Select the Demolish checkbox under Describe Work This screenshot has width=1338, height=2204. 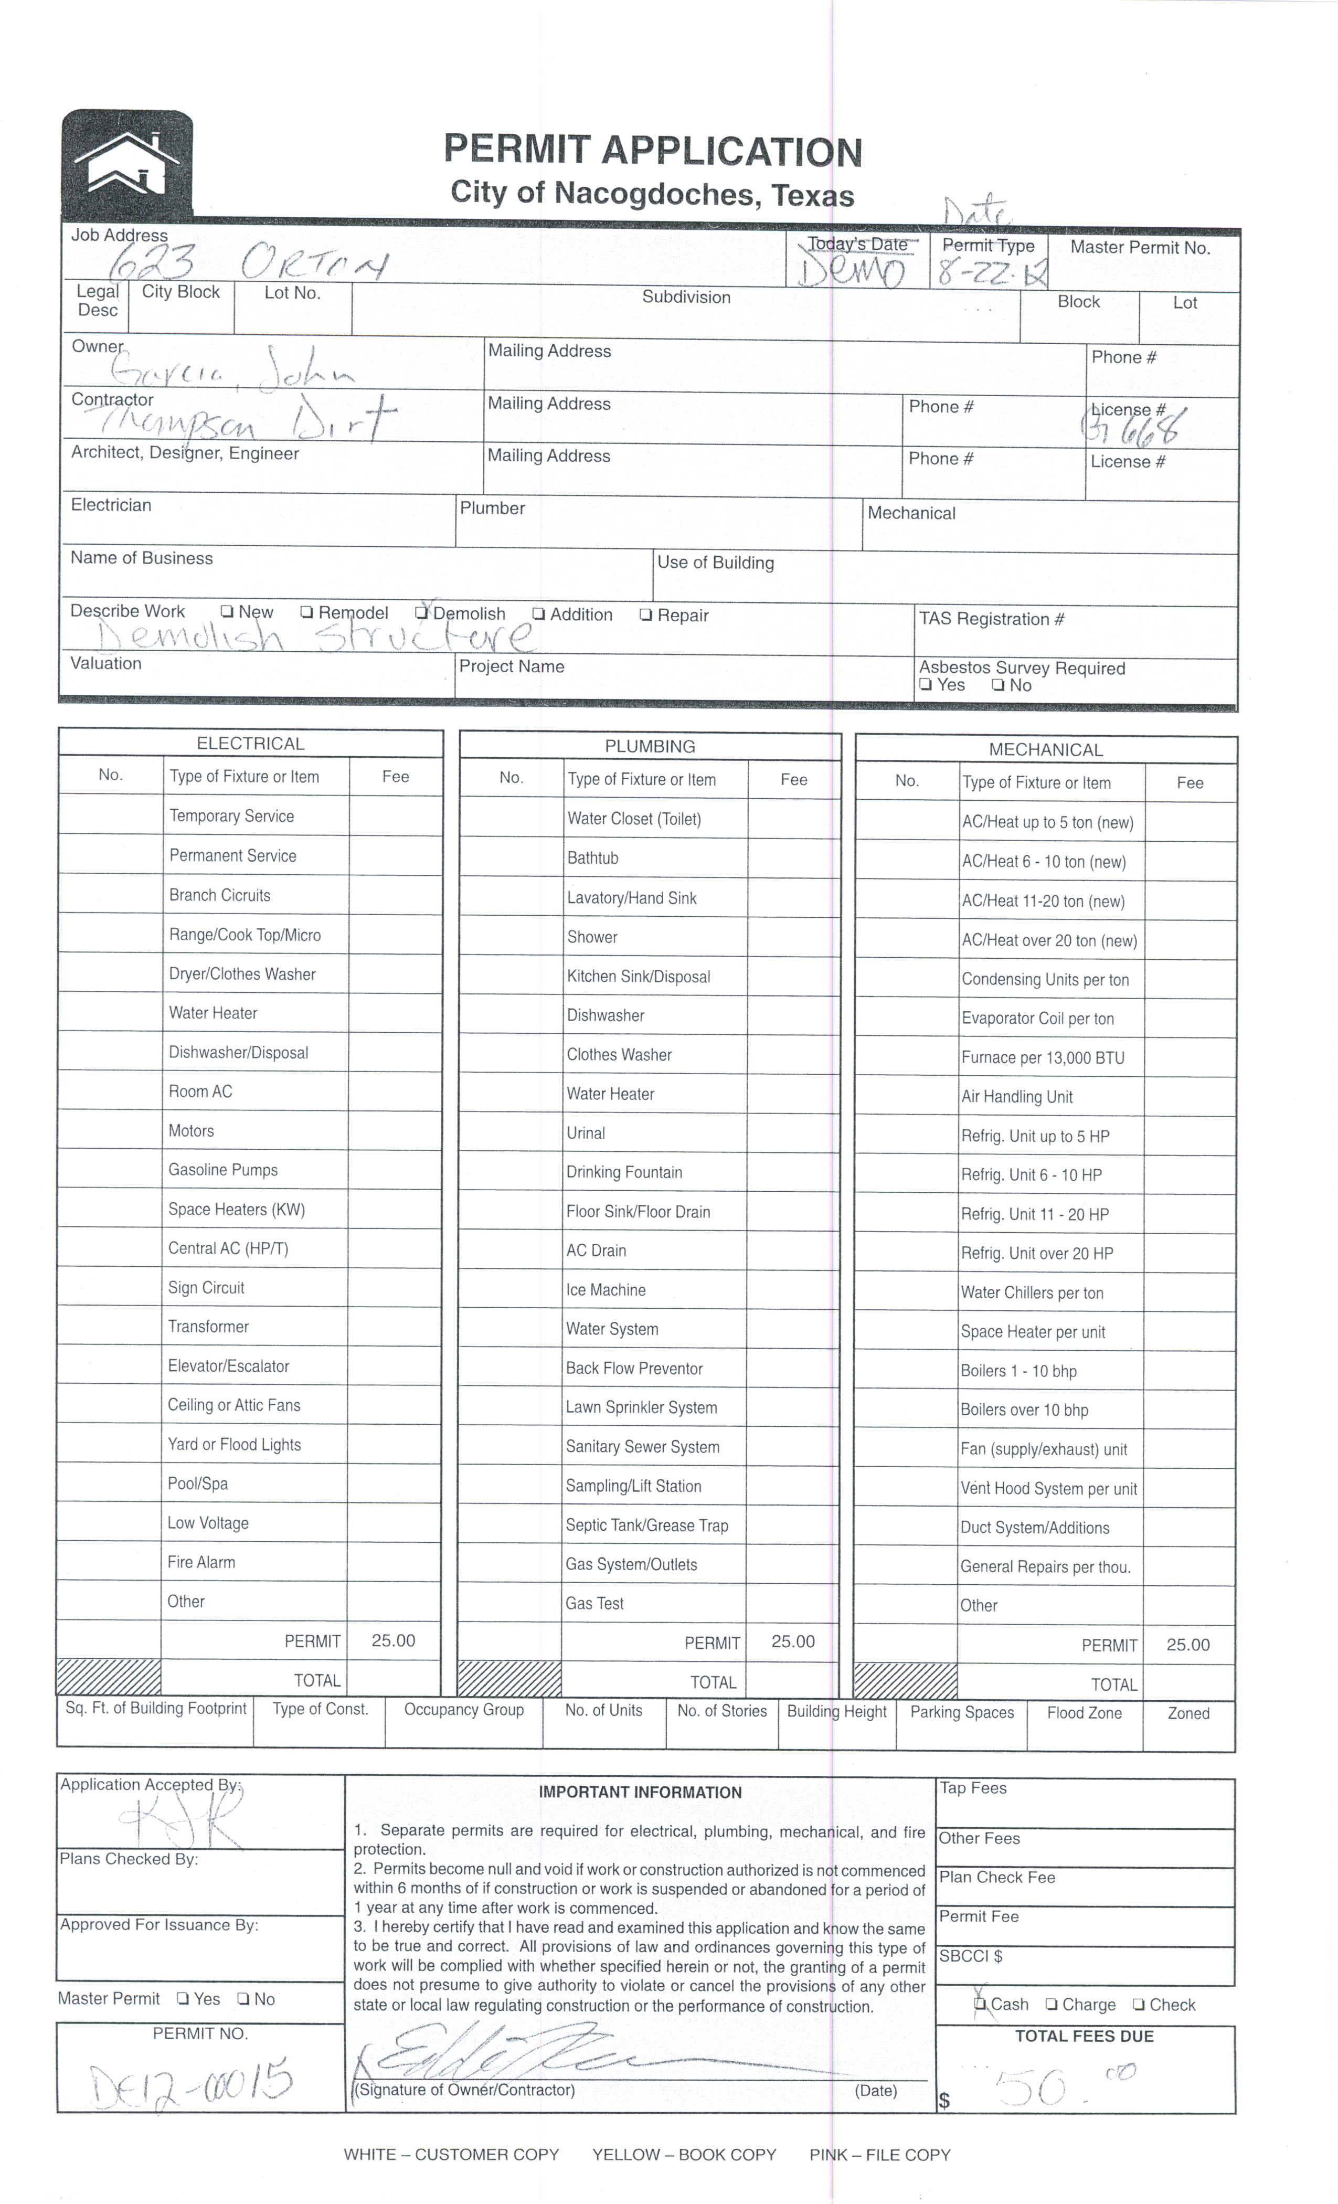click(x=422, y=613)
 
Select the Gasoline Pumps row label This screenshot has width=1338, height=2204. click(x=222, y=1170)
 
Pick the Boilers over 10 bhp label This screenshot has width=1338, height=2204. click(x=1024, y=1411)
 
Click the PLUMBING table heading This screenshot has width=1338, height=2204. click(x=650, y=746)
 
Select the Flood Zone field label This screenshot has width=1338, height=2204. click(x=1084, y=1713)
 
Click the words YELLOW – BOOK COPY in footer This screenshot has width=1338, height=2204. click(x=684, y=2155)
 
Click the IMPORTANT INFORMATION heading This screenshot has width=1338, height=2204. click(x=640, y=1793)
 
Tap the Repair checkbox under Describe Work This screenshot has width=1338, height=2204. click(x=646, y=616)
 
